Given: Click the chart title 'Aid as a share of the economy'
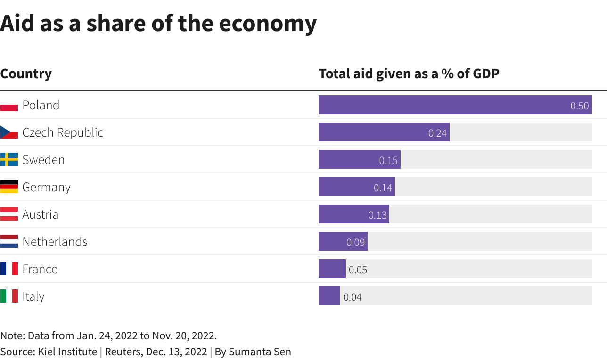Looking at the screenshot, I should click(158, 23).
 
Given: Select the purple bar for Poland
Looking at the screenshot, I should click(443, 105).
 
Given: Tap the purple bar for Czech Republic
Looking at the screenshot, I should click(372, 132).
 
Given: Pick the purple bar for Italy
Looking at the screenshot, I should click(329, 296).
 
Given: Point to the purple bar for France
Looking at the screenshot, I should click(332, 269).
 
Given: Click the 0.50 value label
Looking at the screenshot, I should click(579, 106).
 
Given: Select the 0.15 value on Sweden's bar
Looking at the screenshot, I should click(388, 160).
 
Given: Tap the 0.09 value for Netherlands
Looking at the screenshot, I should click(355, 242).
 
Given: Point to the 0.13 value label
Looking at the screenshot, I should click(377, 215).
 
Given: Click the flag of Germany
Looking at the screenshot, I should click(9, 187).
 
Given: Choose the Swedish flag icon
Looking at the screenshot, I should click(9, 159).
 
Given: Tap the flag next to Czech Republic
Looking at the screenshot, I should click(9, 132).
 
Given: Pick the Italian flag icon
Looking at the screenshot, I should click(9, 296).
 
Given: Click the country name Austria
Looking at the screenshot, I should click(41, 214).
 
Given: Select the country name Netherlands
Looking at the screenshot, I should click(55, 242).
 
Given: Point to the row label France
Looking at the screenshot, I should click(40, 269).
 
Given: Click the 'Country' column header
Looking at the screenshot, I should click(26, 74).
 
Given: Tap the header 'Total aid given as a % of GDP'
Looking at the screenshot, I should click(409, 74).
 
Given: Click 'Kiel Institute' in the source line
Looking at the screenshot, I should click(67, 352).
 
